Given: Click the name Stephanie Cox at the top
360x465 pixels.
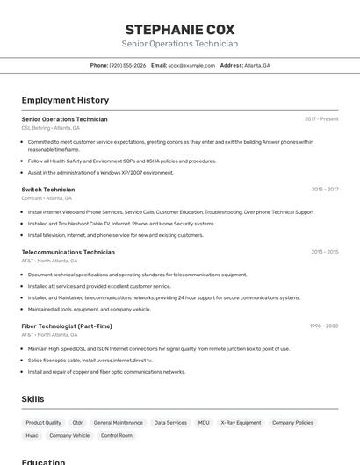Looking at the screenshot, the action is tap(179, 29).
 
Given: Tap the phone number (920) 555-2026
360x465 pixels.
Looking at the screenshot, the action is tap(127, 65).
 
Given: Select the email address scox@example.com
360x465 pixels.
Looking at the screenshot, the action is tap(191, 65).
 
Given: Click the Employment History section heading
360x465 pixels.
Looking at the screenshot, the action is tap(65, 100).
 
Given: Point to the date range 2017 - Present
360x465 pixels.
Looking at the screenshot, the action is tap(321, 119).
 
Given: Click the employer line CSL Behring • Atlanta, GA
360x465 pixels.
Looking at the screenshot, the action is tap(50, 128).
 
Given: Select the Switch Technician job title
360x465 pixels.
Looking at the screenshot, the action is tap(48, 190).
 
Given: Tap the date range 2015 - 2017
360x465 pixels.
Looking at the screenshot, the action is tap(324, 190).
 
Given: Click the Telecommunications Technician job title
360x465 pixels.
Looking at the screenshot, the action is tap(68, 252).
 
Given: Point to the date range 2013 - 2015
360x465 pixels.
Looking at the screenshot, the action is tap(324, 252).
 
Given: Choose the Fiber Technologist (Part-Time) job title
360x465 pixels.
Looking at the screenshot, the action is tap(67, 326).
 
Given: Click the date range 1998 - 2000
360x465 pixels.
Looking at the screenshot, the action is tap(323, 326).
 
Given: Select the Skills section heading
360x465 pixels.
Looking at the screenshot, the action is tap(32, 399).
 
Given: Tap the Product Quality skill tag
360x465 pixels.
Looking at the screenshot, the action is tap(43, 423).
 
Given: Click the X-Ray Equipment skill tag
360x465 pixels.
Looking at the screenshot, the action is tap(241, 423).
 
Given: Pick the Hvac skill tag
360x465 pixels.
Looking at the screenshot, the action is tap(32, 435).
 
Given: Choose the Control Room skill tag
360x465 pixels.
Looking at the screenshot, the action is tap(117, 435).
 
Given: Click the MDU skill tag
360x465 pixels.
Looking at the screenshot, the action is tap(204, 423).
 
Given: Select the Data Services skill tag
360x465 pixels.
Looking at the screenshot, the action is tap(170, 423).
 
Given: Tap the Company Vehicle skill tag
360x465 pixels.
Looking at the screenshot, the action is tap(69, 435).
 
